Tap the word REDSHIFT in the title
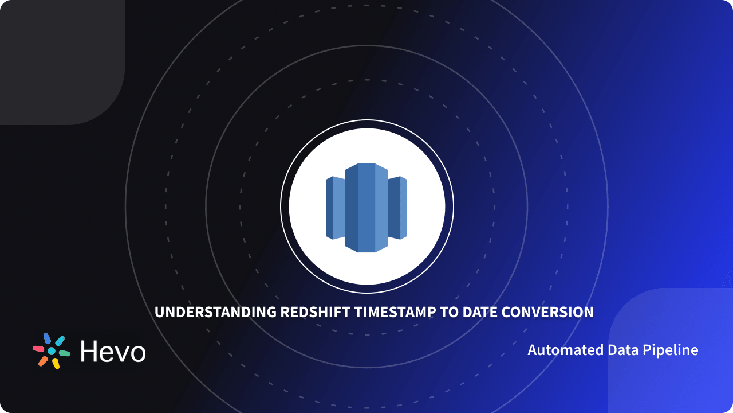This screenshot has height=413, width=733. coord(316,313)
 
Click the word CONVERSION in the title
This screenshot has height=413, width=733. coord(548,313)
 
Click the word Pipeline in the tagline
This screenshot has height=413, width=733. coord(675,350)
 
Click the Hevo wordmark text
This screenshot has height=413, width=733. coord(113,351)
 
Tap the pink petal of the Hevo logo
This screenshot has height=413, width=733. coord(38,349)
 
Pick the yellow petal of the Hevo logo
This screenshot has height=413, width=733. coord(56,364)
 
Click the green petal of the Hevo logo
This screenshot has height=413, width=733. coord(64,353)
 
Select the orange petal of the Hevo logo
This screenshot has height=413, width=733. coord(43,361)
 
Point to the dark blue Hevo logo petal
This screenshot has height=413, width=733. coord(47,338)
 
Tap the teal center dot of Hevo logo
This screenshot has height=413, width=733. coord(52,351)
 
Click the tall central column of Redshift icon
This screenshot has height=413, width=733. coord(366,208)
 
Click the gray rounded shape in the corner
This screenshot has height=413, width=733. coord(57,57)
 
